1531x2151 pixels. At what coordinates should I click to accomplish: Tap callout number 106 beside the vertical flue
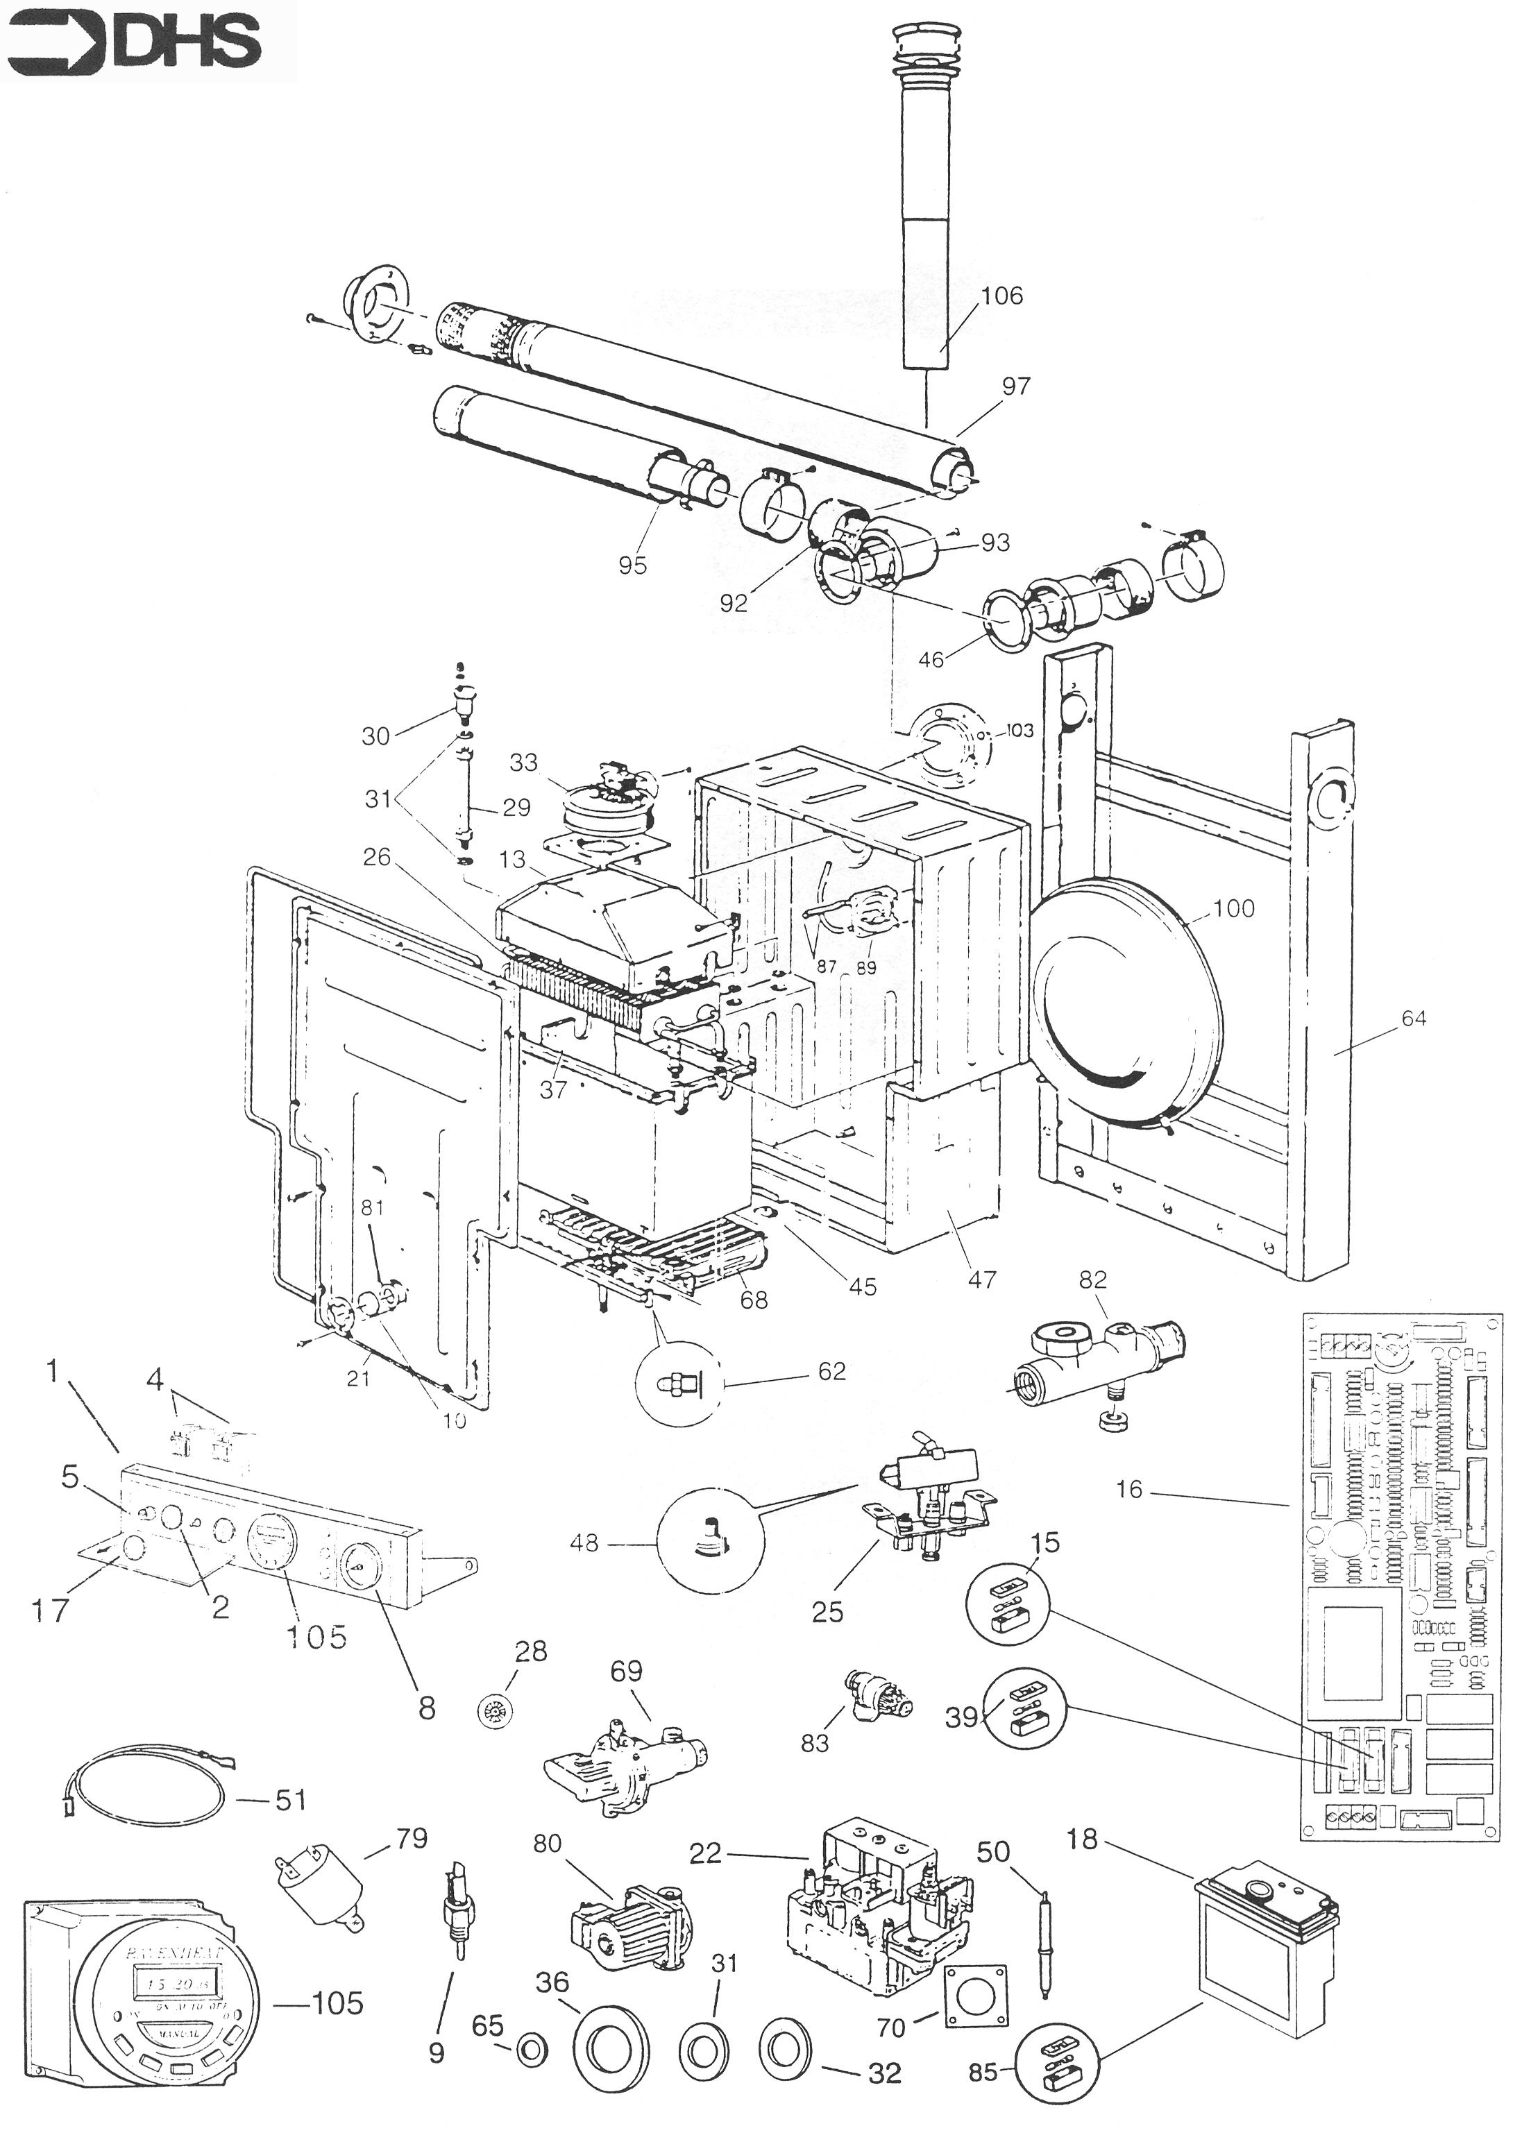(1001, 296)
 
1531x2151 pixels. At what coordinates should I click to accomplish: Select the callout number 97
(1015, 386)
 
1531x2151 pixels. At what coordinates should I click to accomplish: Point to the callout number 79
(411, 1838)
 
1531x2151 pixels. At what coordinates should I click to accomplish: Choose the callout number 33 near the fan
(523, 762)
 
